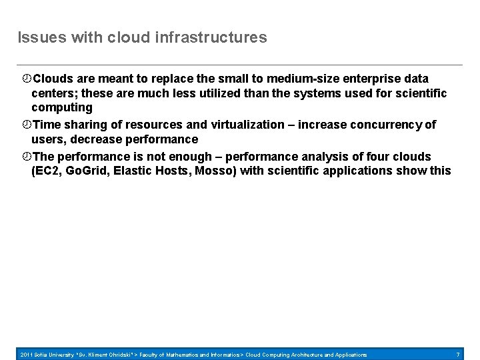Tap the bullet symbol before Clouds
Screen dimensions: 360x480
point(27,79)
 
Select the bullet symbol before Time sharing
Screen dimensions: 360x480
point(27,124)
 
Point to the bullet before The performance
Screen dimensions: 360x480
point(27,157)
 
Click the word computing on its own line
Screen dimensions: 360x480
point(62,107)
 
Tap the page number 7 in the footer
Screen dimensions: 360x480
point(458,354)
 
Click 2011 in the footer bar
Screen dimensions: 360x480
point(27,354)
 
